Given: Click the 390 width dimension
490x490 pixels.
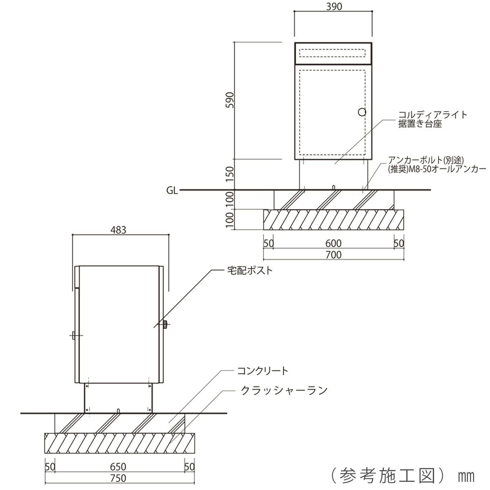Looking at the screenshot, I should click(333, 7).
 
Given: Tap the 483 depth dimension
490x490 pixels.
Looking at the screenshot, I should click(118, 229).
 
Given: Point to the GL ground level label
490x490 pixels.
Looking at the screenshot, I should click(172, 190).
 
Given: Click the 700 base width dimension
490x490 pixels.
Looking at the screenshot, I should click(333, 255).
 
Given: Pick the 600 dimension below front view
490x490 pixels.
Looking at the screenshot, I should click(333, 243).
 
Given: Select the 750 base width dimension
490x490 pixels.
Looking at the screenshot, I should click(118, 478).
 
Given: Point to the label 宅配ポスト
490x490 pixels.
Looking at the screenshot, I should click(249, 270).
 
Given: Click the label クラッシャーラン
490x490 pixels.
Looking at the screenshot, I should click(284, 390).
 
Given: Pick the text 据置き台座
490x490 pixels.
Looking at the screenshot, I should click(420, 124).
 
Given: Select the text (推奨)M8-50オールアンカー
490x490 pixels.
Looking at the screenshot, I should click(436, 169).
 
